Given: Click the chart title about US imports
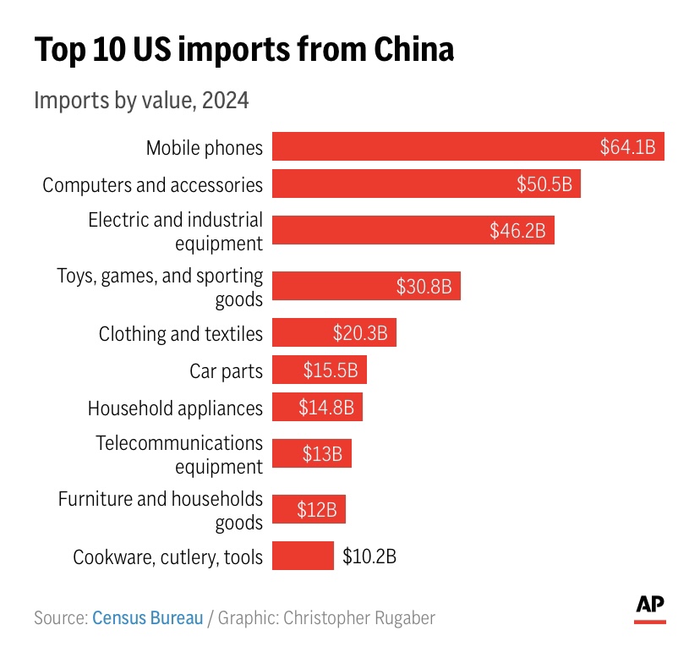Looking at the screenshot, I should (x=243, y=50).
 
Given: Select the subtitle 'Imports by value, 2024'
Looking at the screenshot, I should (x=141, y=101).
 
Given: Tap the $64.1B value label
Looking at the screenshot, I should (x=627, y=147).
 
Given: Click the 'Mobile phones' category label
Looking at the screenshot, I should (x=204, y=148).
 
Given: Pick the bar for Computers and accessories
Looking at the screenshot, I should (x=426, y=184).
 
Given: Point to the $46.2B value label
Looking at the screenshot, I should (x=517, y=230).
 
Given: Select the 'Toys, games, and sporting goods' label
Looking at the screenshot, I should (x=160, y=287).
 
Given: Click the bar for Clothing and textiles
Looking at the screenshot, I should (x=334, y=333).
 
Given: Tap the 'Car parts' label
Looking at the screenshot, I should (x=226, y=370).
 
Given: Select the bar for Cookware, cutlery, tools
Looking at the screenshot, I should (x=303, y=557).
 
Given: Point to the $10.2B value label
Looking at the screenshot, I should (x=369, y=557).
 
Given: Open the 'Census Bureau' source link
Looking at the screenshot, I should (x=148, y=618).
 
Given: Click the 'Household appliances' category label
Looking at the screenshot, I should (x=175, y=408).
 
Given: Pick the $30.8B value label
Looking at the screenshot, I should (x=424, y=287).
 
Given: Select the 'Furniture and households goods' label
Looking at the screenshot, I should (x=160, y=511).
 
